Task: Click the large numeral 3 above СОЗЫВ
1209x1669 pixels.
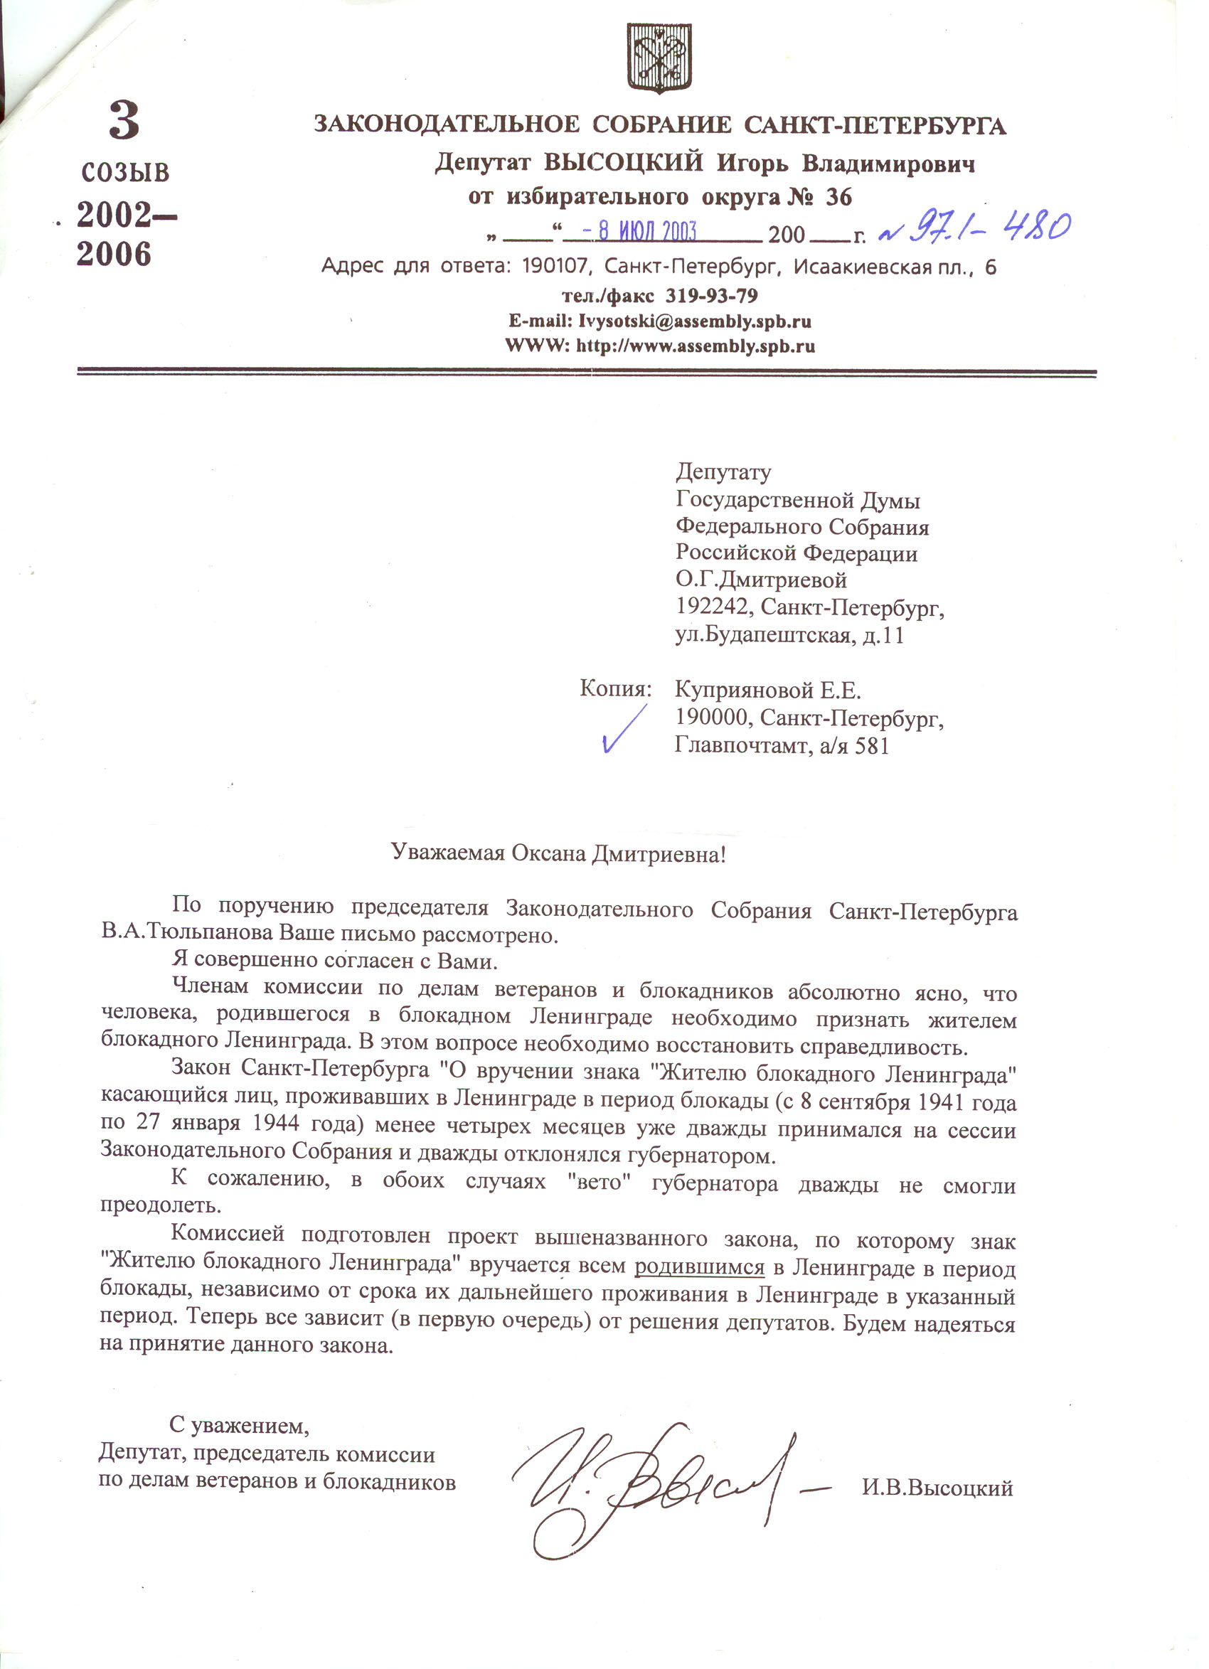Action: click(x=124, y=121)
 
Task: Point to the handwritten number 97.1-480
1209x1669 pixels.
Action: click(x=976, y=229)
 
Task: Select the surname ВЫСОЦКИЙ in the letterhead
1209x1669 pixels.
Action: click(x=623, y=163)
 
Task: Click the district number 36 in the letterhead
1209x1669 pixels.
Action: click(x=838, y=197)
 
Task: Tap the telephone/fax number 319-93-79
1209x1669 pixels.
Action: click(x=711, y=296)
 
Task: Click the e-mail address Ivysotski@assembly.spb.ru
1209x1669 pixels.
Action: click(x=695, y=321)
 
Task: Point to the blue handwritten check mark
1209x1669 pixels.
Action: click(x=623, y=728)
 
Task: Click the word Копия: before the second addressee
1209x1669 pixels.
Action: click(x=615, y=689)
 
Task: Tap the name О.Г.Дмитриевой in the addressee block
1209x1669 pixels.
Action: click(x=761, y=580)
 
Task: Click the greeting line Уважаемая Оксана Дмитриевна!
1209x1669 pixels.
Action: click(x=558, y=853)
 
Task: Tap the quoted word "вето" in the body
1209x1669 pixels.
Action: click(x=597, y=1184)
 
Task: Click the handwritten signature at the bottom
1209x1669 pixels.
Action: click(x=655, y=1481)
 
